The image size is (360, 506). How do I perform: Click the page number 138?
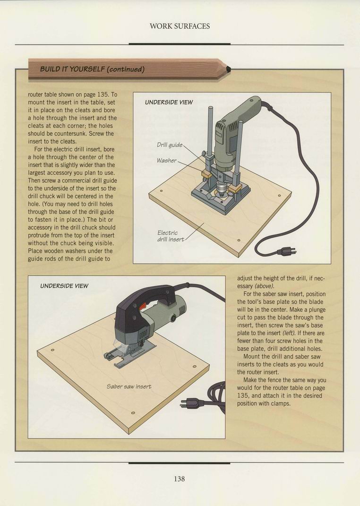tap(180, 479)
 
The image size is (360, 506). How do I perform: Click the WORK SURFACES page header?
tap(180, 26)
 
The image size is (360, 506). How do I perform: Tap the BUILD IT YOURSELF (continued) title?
tap(92, 69)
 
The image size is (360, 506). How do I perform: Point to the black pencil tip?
tap(228, 69)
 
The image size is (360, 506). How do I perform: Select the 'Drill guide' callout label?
tap(170, 145)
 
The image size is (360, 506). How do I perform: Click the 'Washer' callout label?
tap(167, 160)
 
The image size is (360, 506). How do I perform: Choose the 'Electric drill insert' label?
tap(171, 236)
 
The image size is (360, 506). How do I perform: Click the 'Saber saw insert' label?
tap(129, 386)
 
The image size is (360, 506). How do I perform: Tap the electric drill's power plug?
tap(286, 251)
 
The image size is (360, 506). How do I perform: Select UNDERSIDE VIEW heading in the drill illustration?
tap(169, 103)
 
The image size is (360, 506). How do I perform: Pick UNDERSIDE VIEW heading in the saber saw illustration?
tap(64, 286)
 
